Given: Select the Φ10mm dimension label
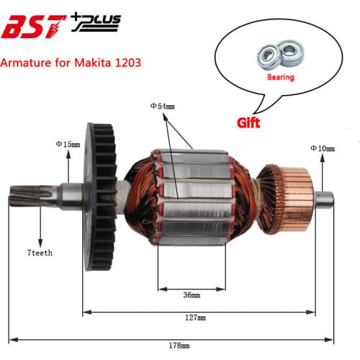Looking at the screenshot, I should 322,148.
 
